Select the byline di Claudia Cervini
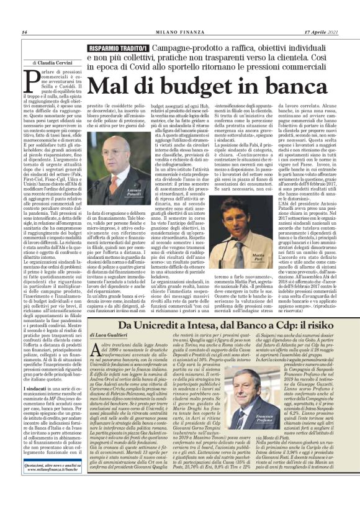pos(56,63)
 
